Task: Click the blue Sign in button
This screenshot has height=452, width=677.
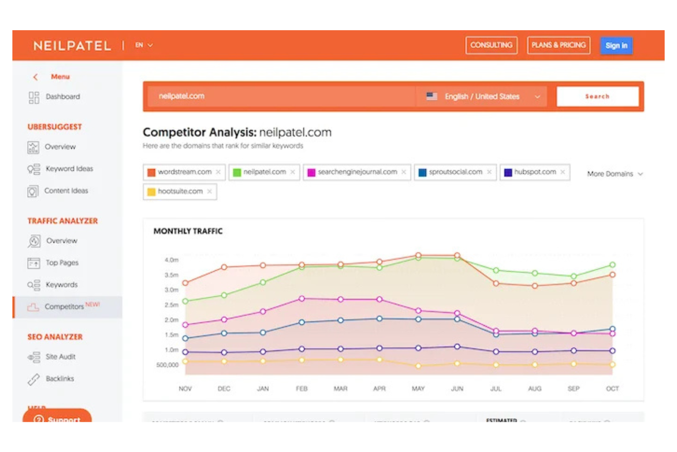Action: click(616, 45)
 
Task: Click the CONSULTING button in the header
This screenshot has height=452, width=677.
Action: click(491, 45)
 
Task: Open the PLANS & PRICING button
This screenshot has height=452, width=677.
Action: click(558, 45)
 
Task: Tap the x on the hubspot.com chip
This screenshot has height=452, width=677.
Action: click(563, 172)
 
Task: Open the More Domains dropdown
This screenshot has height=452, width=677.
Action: click(614, 174)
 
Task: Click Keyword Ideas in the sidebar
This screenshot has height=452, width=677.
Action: click(69, 169)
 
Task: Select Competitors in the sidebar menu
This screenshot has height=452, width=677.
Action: click(64, 306)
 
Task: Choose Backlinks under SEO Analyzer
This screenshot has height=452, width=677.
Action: click(59, 378)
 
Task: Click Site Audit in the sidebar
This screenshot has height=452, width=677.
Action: click(60, 356)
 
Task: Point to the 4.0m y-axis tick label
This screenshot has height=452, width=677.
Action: click(172, 260)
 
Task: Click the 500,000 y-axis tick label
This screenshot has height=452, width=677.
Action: click(167, 365)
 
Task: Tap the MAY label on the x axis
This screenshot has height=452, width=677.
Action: click(418, 388)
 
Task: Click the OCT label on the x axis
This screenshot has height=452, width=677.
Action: click(612, 388)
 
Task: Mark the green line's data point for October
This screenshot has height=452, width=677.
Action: click(612, 265)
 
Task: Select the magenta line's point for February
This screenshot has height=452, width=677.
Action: click(301, 299)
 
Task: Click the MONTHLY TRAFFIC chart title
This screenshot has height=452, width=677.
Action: click(188, 231)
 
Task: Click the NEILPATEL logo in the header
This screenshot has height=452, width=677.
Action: click(72, 46)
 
